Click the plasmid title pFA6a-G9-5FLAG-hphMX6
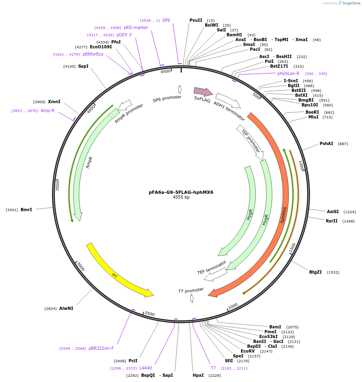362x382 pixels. [181, 192]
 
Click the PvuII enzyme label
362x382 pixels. [196, 20]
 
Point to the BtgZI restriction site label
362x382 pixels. [316, 272]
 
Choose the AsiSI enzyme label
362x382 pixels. [333, 212]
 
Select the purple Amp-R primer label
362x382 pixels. [48, 110]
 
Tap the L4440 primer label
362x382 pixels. [146, 368]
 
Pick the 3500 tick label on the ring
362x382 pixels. [57, 185]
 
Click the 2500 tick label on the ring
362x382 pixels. [150, 314]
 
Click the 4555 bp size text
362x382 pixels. [181, 197]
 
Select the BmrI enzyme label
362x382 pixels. [26, 210]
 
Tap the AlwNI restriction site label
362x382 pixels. [66, 308]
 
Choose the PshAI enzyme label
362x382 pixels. [327, 143]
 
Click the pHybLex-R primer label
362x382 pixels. [288, 73]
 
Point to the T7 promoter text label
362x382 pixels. [191, 290]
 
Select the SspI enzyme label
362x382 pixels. [83, 66]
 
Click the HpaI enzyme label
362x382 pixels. [198, 375]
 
